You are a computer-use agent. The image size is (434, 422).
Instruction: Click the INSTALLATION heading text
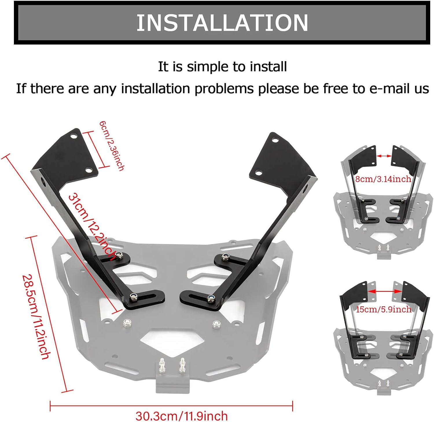coord(222,23)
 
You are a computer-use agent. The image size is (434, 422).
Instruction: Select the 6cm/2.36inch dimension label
coord(112,145)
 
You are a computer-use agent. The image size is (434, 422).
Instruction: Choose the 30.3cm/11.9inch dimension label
coord(181,416)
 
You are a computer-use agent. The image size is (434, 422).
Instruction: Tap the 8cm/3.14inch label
coord(383,179)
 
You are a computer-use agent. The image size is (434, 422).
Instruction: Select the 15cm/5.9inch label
coord(383,309)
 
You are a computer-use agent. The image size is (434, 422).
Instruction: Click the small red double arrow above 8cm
coord(384,156)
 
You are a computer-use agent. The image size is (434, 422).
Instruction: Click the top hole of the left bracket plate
coord(74,136)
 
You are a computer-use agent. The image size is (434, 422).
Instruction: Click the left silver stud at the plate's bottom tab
coord(162,364)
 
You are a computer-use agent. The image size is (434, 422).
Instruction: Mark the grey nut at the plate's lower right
coord(215,323)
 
